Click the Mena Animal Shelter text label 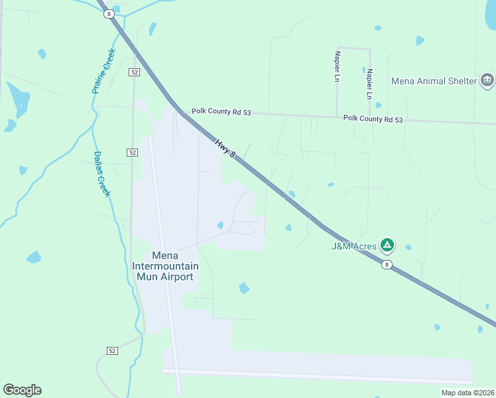[x=434, y=81]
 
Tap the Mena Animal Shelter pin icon [x=487, y=81]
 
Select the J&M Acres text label [x=354, y=247]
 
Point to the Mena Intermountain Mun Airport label [x=164, y=266]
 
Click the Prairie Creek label [x=104, y=71]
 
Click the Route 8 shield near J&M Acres [x=387, y=265]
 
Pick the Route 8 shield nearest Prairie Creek [x=109, y=14]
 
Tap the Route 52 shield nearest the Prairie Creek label [x=134, y=72]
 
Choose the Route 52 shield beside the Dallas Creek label [x=133, y=152]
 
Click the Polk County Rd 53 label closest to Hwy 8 [x=221, y=113]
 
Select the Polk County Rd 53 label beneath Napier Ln [x=373, y=119]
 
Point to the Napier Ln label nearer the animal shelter [x=369, y=83]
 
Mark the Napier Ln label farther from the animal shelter [x=338, y=66]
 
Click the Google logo [x=22, y=390]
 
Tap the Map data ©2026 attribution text [x=467, y=393]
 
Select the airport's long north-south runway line [x=164, y=259]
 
